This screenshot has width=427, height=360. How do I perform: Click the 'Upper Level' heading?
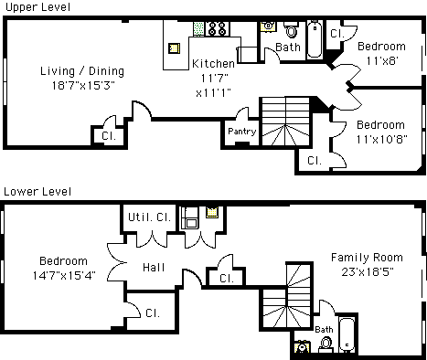(37, 7)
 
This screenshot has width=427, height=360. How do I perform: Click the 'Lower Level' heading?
(37, 192)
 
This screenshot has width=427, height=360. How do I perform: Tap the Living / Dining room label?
(82, 71)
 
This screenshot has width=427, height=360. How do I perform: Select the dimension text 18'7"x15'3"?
(83, 86)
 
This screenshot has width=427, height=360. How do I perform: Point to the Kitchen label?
(213, 64)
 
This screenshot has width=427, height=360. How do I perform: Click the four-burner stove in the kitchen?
(218, 28)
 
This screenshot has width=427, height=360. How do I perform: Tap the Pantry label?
(242, 132)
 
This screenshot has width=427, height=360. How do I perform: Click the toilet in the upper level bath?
(292, 29)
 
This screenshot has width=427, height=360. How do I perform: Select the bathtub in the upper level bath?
(315, 39)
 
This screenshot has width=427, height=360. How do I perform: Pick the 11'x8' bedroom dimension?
(382, 61)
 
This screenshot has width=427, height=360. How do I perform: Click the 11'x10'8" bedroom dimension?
(382, 140)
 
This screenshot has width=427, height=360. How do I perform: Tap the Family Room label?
(367, 258)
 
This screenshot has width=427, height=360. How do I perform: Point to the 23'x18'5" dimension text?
(368, 271)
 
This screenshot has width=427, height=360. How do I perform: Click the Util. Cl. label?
(149, 217)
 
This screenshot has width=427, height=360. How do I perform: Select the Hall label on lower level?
(154, 268)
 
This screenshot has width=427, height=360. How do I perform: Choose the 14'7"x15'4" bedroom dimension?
(64, 276)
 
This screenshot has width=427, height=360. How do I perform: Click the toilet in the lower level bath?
(326, 344)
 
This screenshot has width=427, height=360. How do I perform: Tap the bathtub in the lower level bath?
(347, 334)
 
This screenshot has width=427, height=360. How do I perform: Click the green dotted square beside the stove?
(198, 29)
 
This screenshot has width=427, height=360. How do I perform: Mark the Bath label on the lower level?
(324, 330)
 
